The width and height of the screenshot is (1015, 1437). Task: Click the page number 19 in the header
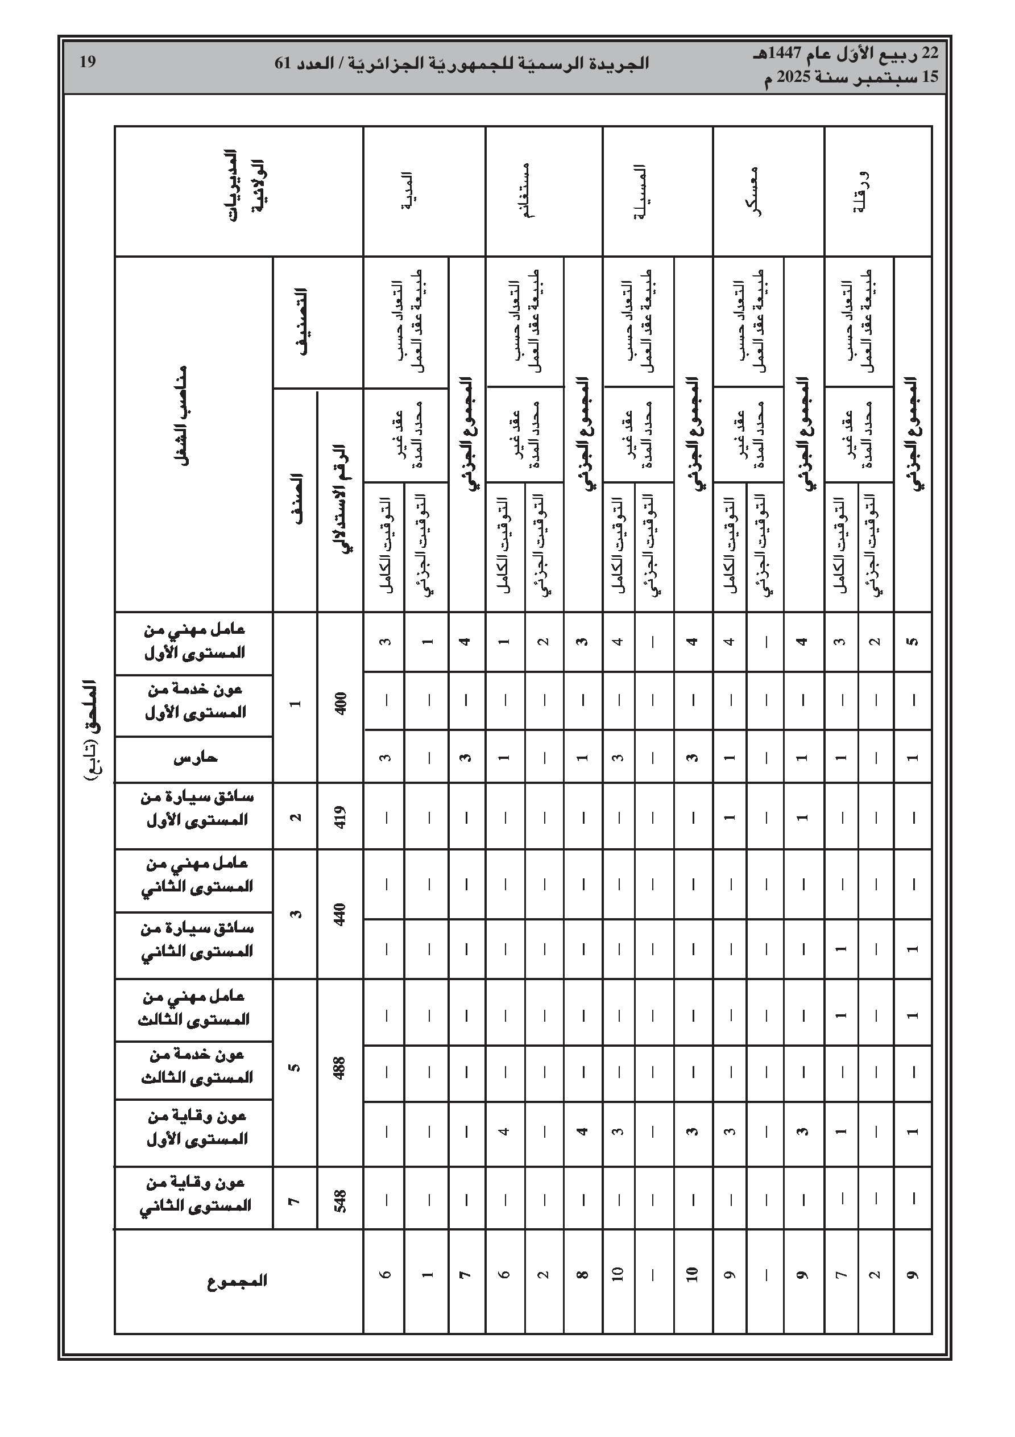87,63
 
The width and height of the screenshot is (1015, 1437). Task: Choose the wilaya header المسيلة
640,192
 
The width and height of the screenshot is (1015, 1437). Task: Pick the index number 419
341,816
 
